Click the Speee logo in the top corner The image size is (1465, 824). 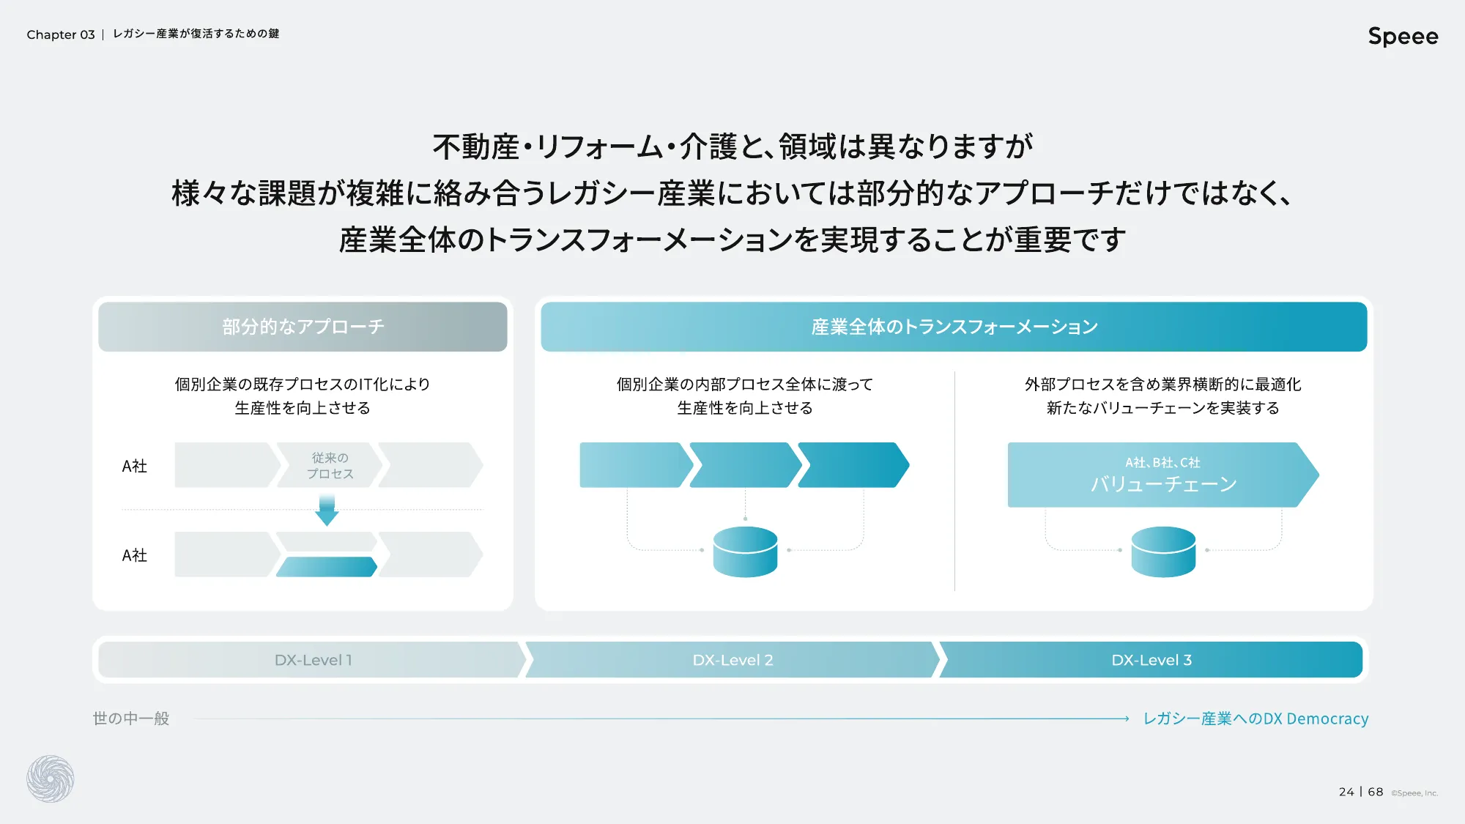pyautogui.click(x=1402, y=36)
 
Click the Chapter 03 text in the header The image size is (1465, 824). pyautogui.click(x=61, y=34)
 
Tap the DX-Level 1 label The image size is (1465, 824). pyautogui.click(x=313, y=660)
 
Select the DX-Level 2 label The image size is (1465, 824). pyautogui.click(x=732, y=660)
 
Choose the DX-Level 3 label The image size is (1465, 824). pyautogui.click(x=1151, y=660)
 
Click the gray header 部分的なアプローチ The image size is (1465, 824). pyautogui.click(x=303, y=327)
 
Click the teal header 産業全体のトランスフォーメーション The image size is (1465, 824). pyautogui.click(x=954, y=327)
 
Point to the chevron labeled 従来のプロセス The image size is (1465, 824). pyautogui.click(x=330, y=465)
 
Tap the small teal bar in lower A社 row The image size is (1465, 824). pyautogui.click(x=327, y=567)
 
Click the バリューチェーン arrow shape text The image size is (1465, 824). pyautogui.click(x=1162, y=483)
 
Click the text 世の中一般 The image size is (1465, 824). pyautogui.click(x=131, y=719)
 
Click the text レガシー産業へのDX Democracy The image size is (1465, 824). pyautogui.click(x=1256, y=719)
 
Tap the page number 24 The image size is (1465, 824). pyautogui.click(x=1346, y=792)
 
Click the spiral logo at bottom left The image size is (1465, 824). pyautogui.click(x=51, y=779)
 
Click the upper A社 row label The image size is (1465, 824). pyautogui.click(x=135, y=466)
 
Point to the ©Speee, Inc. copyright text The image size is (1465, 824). pyautogui.click(x=1414, y=793)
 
